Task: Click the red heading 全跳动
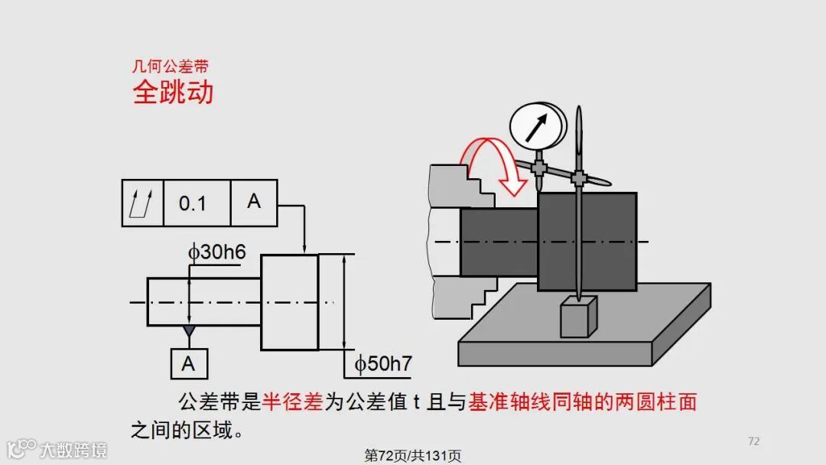point(173,93)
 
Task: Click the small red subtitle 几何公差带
point(170,67)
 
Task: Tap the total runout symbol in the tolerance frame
point(143,203)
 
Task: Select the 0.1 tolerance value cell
point(193,203)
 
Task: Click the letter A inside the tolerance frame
point(254,202)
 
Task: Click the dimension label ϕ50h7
point(383,364)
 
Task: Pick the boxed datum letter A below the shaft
point(188,364)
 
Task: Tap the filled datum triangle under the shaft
point(188,332)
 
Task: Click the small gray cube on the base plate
point(578,317)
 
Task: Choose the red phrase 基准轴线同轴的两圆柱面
point(583,402)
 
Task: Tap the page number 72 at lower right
point(753,441)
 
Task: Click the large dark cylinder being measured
point(587,242)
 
